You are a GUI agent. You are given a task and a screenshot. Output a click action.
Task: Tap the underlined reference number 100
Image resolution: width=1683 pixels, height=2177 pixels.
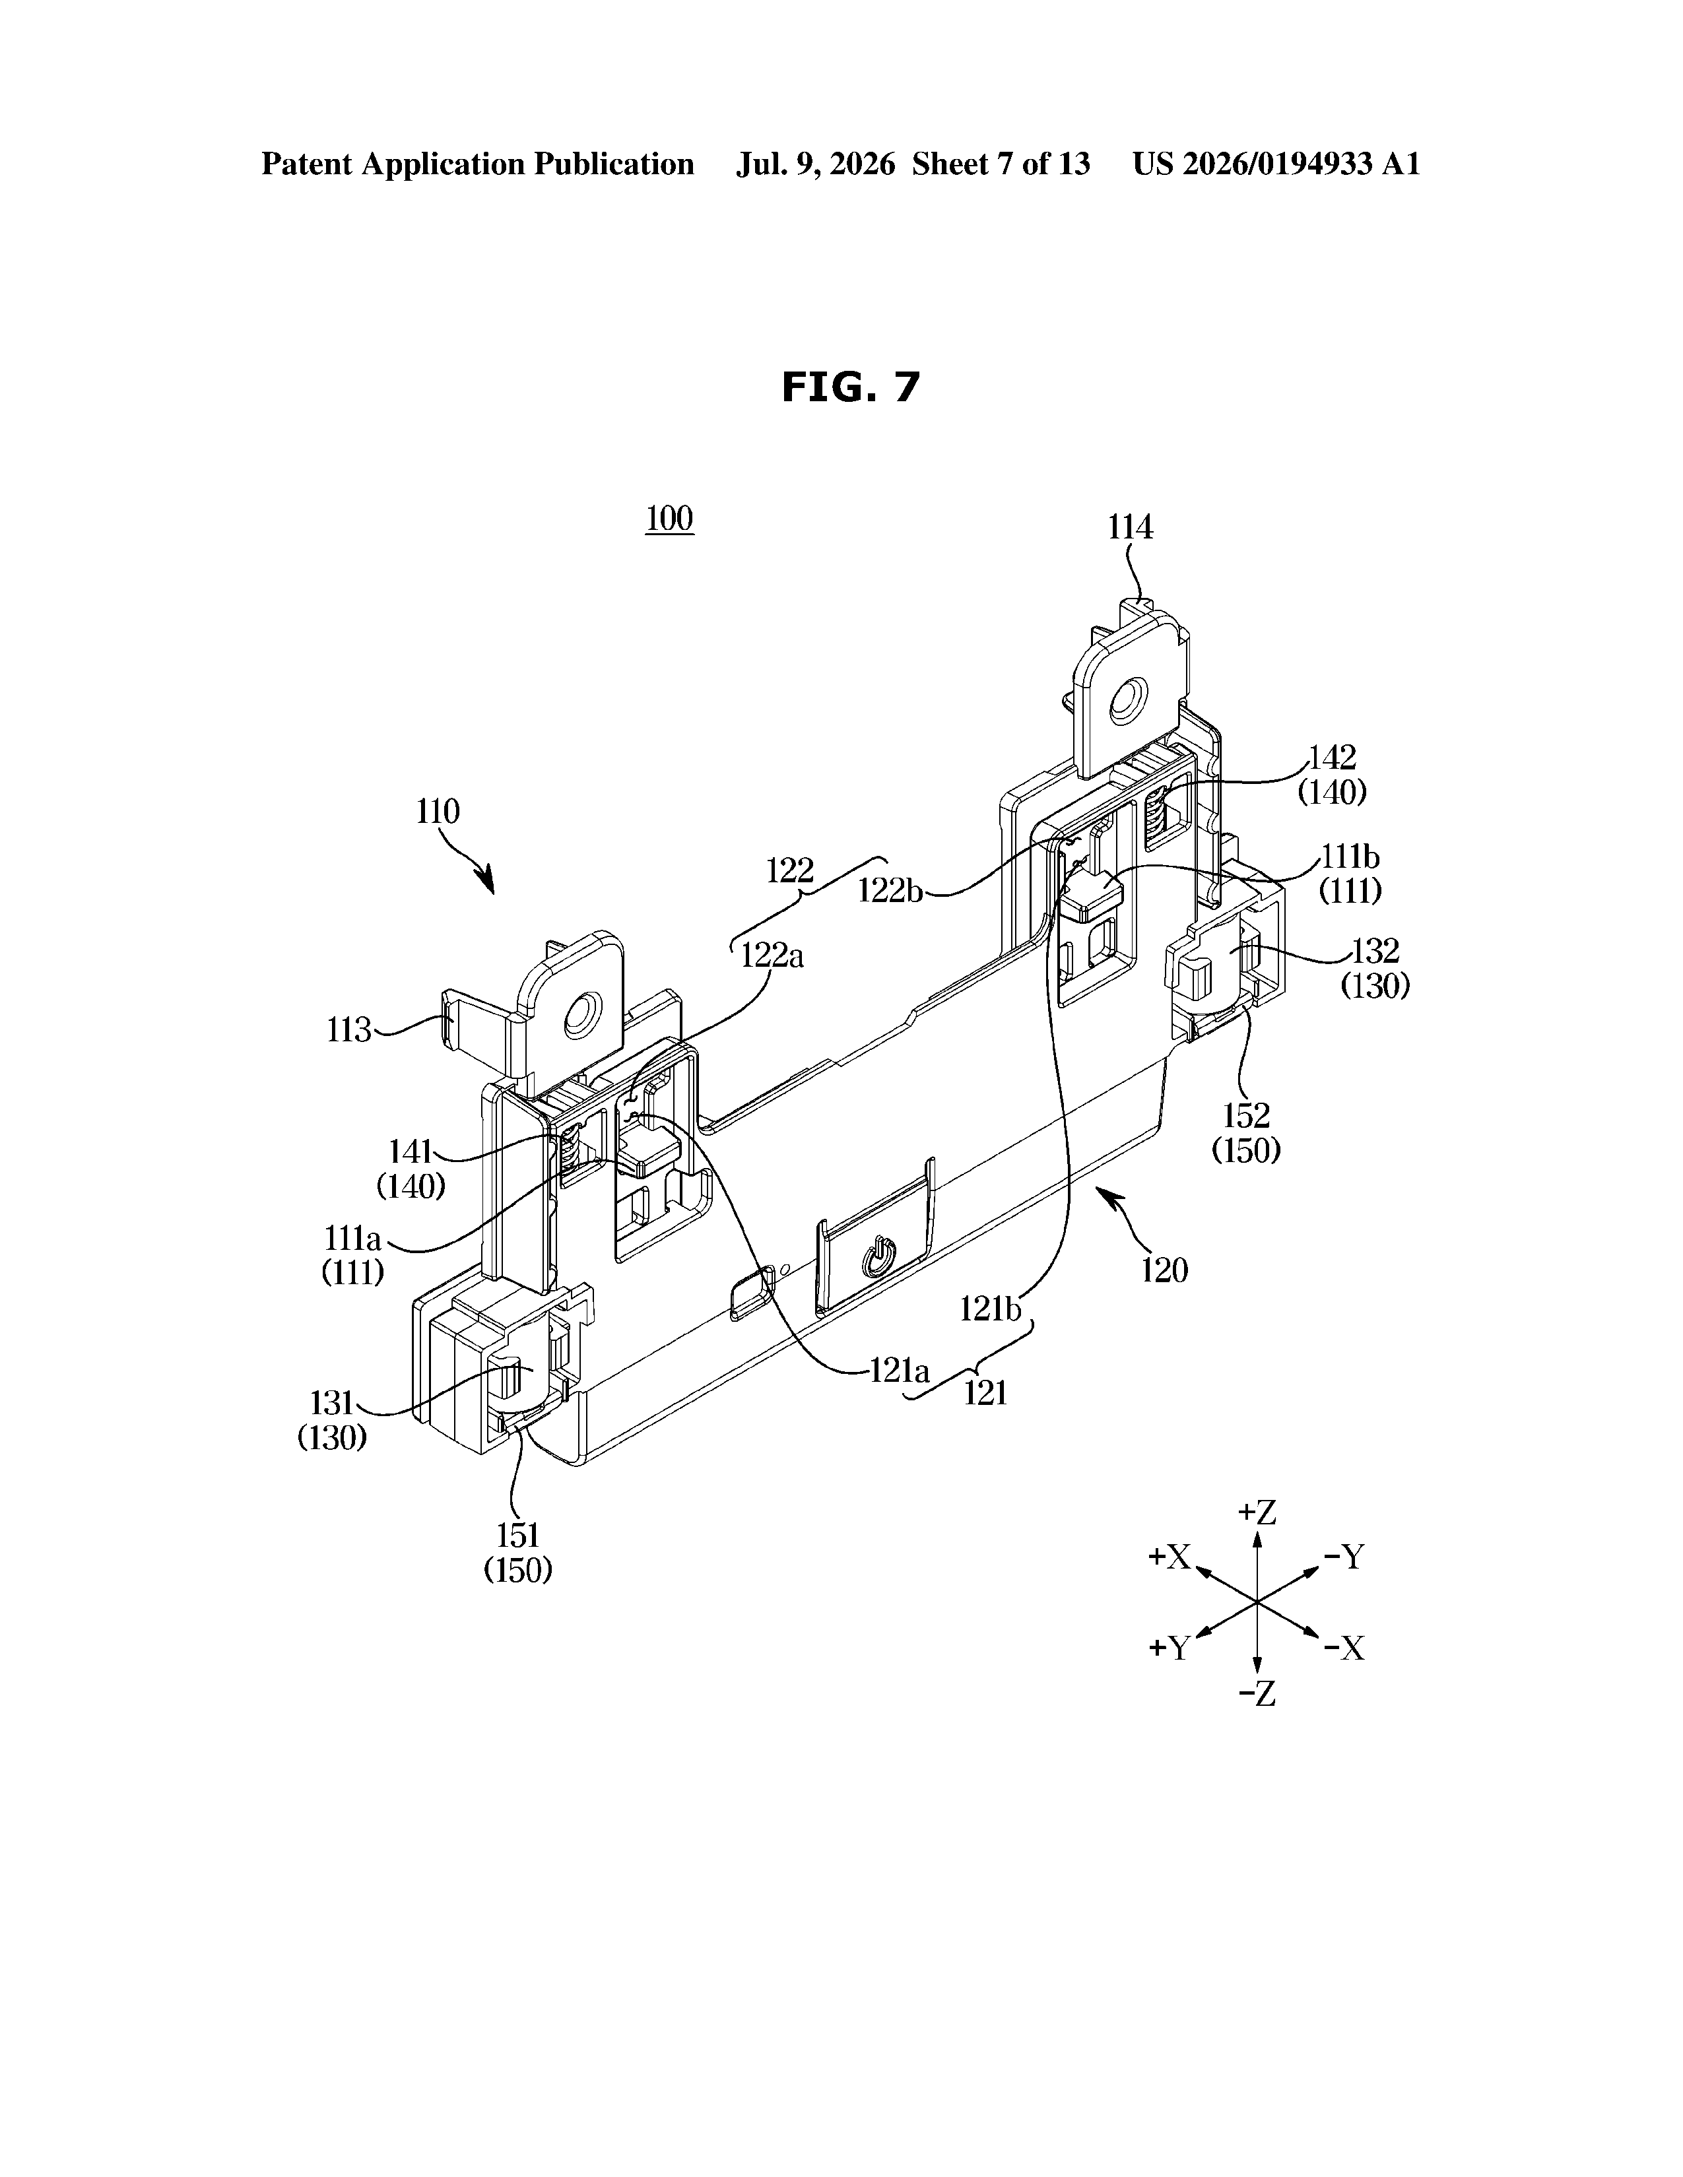(669, 518)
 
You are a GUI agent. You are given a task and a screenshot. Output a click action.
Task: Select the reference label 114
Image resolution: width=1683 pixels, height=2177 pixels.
(1131, 527)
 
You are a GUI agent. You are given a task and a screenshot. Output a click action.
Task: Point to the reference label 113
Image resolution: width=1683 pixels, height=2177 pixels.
(349, 1029)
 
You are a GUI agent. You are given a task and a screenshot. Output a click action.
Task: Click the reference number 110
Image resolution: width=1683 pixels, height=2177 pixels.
(438, 812)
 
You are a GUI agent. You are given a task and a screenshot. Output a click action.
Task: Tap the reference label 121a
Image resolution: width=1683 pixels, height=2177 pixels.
(900, 1371)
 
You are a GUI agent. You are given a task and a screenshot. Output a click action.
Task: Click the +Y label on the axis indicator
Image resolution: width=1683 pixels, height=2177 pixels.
(1171, 1648)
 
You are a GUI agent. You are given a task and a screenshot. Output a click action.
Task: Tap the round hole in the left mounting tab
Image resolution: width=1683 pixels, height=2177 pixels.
(578, 1017)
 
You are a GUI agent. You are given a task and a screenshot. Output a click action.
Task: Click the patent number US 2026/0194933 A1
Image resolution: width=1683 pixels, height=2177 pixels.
(1276, 164)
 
